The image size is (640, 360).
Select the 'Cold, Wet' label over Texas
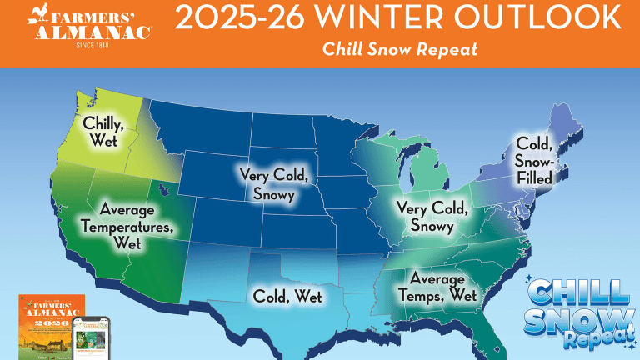(287, 295)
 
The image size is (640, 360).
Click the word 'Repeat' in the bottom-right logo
(592, 342)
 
